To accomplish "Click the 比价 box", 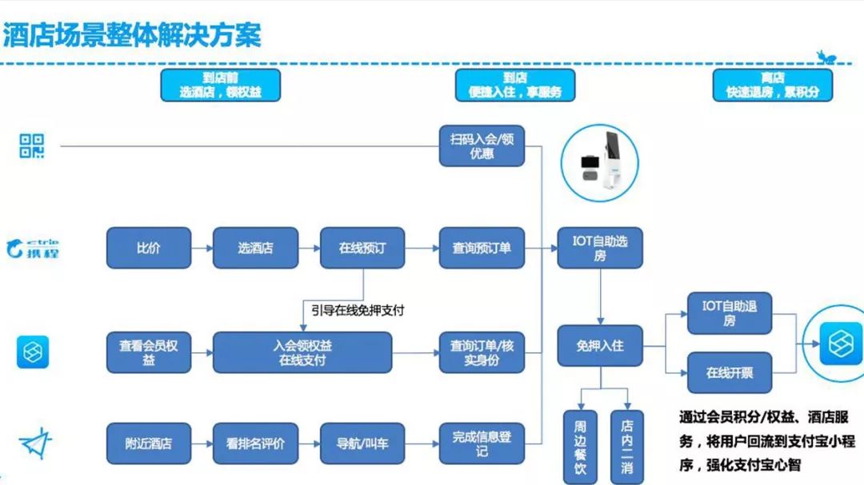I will click(x=149, y=248).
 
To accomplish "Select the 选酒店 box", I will click(x=255, y=248).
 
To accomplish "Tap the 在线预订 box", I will click(x=362, y=248).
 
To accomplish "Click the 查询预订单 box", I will click(x=482, y=248).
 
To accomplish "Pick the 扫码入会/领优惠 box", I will click(x=482, y=145).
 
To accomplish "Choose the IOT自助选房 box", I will click(x=600, y=248).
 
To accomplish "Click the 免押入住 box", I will click(x=600, y=346).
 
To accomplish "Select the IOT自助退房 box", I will click(x=730, y=312).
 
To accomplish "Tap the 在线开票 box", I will click(x=730, y=372).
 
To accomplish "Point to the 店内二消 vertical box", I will click(x=626, y=447).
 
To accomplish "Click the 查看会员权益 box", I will click(x=149, y=352).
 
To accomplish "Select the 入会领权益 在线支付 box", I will click(x=302, y=352).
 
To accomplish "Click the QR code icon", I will click(x=32, y=146).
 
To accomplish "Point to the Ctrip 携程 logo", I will click(x=33, y=248).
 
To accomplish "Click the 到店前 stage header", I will click(x=220, y=85).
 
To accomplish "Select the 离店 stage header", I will click(x=772, y=85).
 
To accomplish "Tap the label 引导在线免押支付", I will click(x=358, y=310).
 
